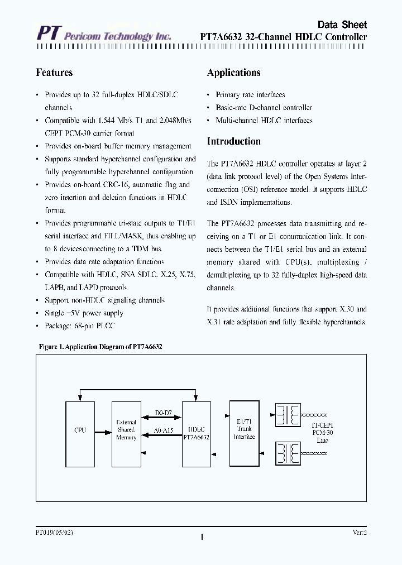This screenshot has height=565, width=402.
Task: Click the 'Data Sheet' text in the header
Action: [342, 25]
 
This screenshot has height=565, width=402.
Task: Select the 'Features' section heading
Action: [54, 73]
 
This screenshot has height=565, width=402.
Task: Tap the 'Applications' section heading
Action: [233, 73]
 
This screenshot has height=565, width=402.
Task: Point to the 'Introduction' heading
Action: [233, 141]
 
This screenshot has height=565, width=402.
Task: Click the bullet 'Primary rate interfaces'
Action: [250, 95]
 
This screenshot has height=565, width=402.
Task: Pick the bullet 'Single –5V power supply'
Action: [84, 313]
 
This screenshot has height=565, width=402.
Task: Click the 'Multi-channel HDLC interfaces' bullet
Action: [264, 121]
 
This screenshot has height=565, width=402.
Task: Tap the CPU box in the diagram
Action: [80, 430]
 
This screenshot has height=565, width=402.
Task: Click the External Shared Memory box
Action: [126, 430]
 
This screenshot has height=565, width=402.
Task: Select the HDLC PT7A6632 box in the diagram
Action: [196, 430]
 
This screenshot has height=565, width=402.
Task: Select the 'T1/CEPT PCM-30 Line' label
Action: [322, 433]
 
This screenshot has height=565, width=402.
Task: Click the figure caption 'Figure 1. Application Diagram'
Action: [100, 347]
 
